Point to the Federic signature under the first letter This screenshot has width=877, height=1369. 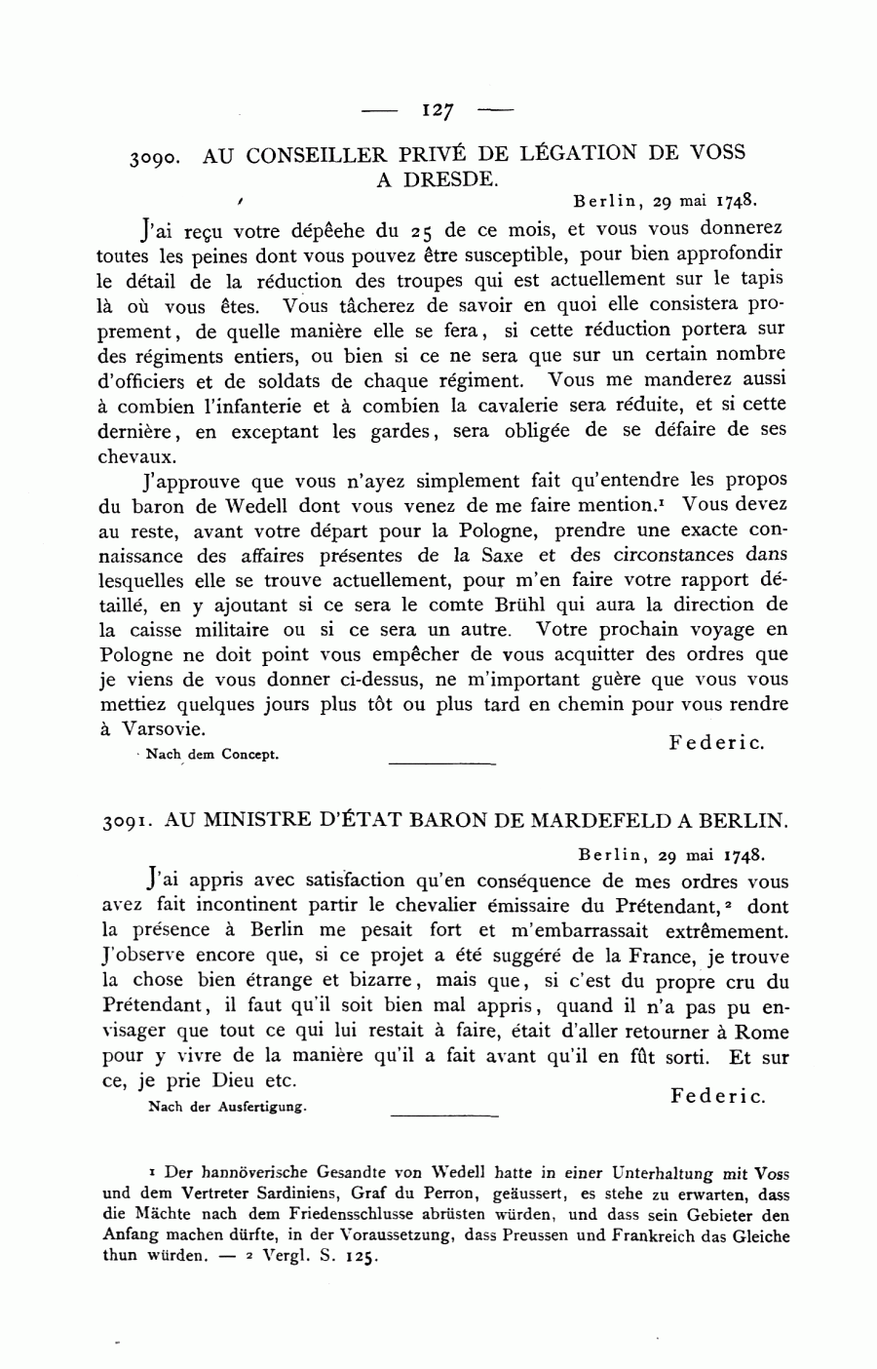(716, 742)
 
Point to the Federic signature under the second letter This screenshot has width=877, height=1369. (717, 1096)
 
